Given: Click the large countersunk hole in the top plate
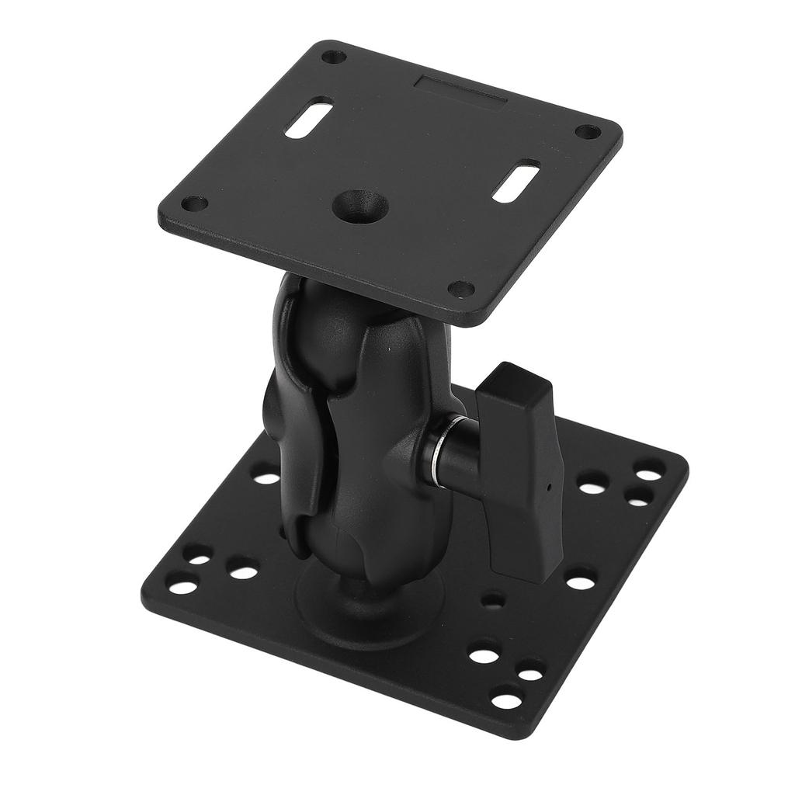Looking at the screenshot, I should click(x=359, y=206).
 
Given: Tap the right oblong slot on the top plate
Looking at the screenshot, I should click(x=516, y=181).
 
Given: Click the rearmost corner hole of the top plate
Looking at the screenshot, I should click(x=334, y=57).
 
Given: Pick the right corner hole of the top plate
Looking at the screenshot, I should click(x=588, y=132).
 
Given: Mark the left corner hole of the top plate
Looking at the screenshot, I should click(x=194, y=204).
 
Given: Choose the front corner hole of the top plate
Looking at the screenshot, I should click(x=462, y=289).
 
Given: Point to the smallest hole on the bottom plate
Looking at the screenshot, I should click(x=491, y=599).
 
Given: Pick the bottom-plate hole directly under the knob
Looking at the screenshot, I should click(x=580, y=579).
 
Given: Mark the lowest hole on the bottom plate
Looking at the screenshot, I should click(x=506, y=700).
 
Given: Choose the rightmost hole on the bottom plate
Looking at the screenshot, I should click(x=649, y=470).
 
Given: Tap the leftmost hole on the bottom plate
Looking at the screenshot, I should click(x=183, y=587).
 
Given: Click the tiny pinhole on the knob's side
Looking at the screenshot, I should click(x=549, y=488).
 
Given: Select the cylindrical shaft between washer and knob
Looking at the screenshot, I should click(x=458, y=454).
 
